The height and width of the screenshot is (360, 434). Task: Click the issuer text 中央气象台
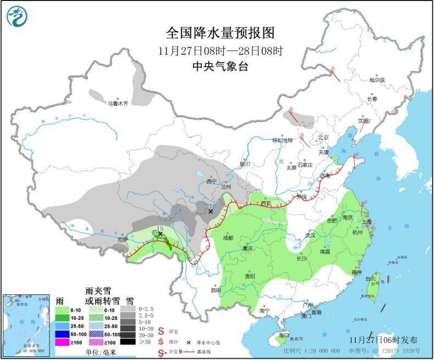tap(220, 66)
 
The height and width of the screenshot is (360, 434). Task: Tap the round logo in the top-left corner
tap(16, 16)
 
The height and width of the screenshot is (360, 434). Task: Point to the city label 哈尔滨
tap(377, 80)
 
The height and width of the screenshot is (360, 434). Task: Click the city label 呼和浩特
tap(283, 140)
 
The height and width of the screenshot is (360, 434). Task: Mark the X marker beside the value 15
tap(160, 234)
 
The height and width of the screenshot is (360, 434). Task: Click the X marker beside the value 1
tap(210, 211)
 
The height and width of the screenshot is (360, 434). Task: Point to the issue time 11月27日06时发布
tap(382, 340)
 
